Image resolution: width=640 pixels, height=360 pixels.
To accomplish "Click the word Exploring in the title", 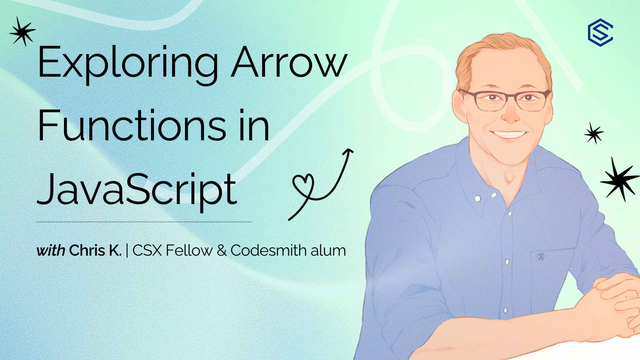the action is coord(128,63).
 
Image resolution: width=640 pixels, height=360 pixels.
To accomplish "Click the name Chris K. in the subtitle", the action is coord(95,251).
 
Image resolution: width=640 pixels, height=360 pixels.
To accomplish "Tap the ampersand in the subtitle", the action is coord(222,251).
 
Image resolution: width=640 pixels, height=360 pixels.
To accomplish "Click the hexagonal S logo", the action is coord(600,32).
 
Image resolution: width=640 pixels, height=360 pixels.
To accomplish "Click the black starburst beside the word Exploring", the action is coord(23,32).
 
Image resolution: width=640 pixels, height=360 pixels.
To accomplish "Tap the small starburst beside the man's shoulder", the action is coord(594,133).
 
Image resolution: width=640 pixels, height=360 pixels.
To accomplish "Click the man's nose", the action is coord(510,113).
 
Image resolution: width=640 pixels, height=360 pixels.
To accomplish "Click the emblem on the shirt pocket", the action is coord(540,257).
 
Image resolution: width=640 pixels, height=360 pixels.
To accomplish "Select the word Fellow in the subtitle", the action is coord(189,250).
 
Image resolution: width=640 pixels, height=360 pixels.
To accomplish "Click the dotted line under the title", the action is coord(144,222).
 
